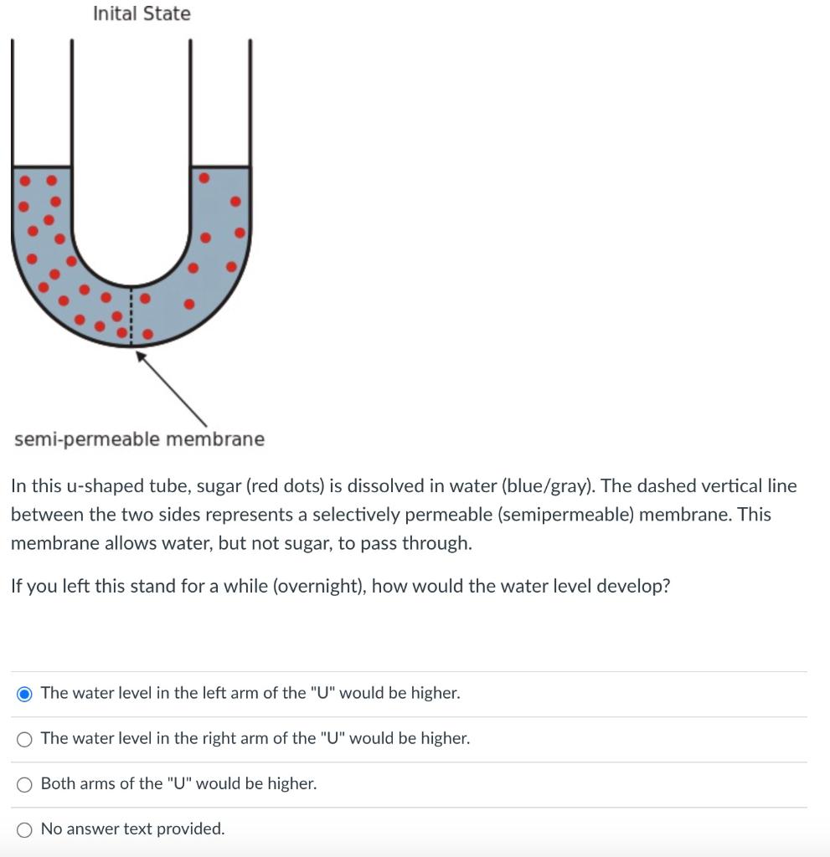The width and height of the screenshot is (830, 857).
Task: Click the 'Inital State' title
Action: (x=142, y=13)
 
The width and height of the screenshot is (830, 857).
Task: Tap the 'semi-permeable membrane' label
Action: (x=138, y=439)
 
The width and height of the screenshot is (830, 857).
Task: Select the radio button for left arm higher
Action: (x=25, y=693)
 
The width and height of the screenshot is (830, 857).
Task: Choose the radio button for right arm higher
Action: (x=25, y=738)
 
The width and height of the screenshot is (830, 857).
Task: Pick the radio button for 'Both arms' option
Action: (x=25, y=783)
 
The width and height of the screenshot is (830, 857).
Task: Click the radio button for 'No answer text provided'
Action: (x=25, y=829)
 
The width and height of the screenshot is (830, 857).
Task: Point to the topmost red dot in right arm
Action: (x=204, y=178)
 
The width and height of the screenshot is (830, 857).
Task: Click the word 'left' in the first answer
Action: (x=217, y=693)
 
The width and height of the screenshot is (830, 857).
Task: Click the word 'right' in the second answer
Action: (x=221, y=738)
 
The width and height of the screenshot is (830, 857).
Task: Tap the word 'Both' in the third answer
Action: (x=58, y=783)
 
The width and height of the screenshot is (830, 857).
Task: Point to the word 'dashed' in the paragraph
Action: (x=667, y=485)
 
